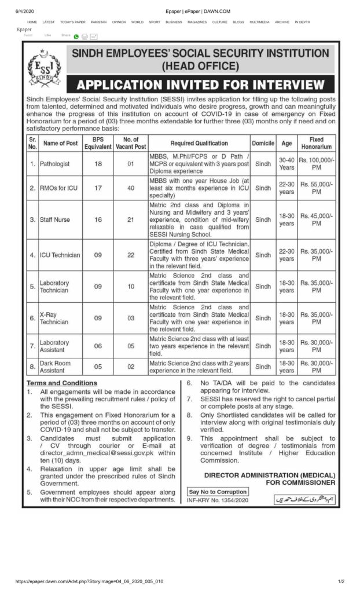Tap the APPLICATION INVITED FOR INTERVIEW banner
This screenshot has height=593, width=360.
pos(200,85)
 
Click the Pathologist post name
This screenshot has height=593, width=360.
pos(54,164)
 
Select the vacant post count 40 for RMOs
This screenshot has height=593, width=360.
pos(131,188)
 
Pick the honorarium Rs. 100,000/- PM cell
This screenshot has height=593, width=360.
pos(317,164)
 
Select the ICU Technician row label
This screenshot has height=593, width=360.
pos(60,255)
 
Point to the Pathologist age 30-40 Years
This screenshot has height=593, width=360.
pos(286,164)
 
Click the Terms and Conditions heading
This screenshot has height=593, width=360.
pos(62,383)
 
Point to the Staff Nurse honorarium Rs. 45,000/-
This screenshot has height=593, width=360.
pos(317,220)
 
